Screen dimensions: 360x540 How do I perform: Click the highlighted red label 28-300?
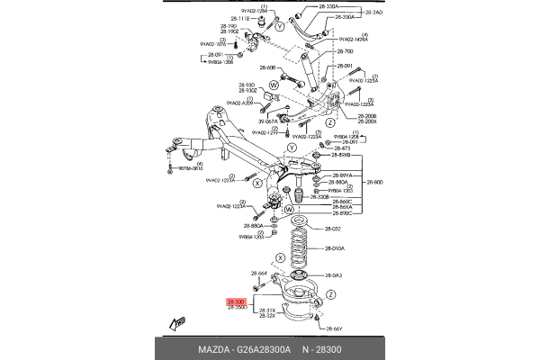(236, 301)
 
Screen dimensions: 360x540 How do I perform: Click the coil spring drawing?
(298, 248)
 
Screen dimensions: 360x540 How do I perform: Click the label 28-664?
(259, 274)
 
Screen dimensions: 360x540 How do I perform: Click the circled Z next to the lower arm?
(331, 294)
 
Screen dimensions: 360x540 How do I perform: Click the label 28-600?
(373, 181)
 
